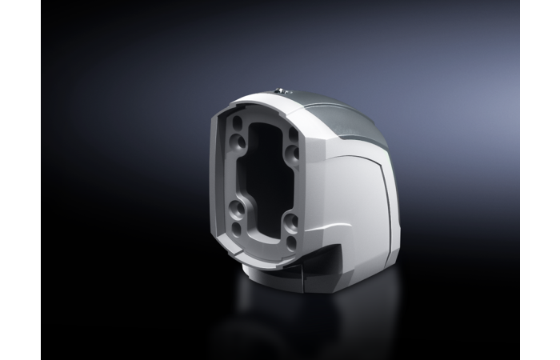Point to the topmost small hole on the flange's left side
pyautogui.click(x=238, y=122)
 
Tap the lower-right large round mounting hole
pyautogui.click(x=290, y=223)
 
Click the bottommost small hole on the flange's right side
pyautogui.click(x=291, y=241)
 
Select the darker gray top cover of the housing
pyautogui.click(x=352, y=116)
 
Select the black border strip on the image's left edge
pyautogui.click(x=20, y=180)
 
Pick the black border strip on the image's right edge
pyautogui.click(x=540, y=180)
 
